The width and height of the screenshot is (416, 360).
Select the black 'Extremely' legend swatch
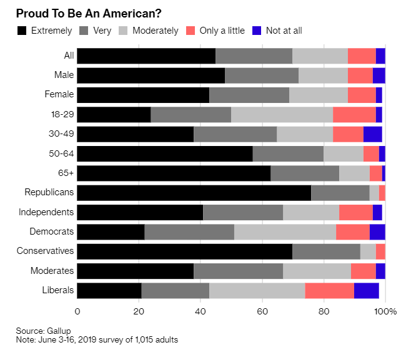click(22, 30)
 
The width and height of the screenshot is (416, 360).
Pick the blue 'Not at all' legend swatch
click(255, 30)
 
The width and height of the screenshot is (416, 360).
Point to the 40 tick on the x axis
click(201, 311)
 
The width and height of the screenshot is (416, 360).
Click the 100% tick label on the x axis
click(386, 311)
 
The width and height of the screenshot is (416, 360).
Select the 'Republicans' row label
click(49, 192)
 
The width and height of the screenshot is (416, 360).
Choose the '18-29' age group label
click(62, 114)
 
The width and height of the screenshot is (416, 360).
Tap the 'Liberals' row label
click(58, 290)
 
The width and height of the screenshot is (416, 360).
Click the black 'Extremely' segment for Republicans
click(194, 192)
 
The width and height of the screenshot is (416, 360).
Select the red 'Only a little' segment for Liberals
click(329, 290)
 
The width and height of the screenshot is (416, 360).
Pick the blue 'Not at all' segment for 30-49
click(372, 134)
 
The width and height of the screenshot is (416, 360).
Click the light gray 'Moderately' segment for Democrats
click(285, 231)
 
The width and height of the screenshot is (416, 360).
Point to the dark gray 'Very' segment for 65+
click(305, 173)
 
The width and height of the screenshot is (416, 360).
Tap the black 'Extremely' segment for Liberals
click(109, 290)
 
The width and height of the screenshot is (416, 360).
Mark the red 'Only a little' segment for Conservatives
click(380, 251)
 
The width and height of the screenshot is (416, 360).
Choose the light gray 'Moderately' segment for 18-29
click(282, 114)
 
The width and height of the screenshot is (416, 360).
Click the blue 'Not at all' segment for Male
click(379, 75)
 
